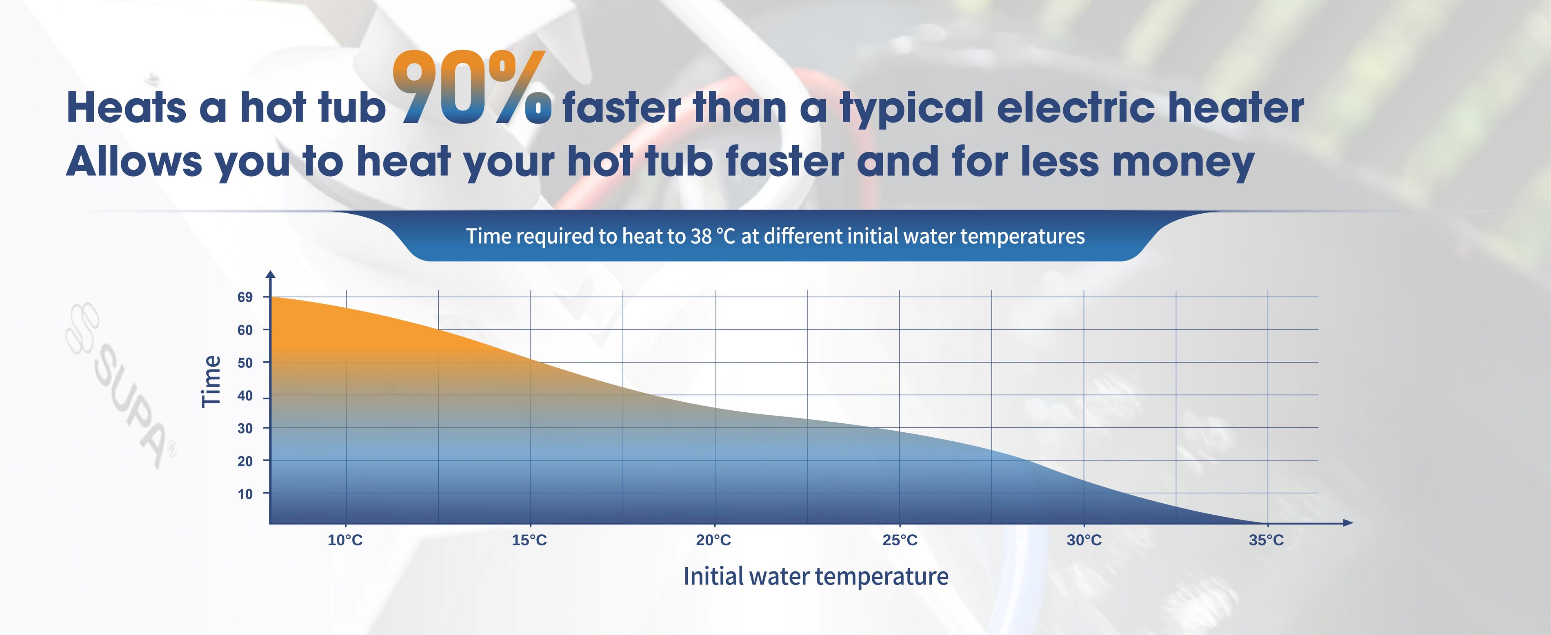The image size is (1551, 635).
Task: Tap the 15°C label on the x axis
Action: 529,540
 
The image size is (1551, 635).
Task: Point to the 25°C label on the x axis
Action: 900,540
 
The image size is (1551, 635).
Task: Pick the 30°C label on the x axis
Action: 1084,540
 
